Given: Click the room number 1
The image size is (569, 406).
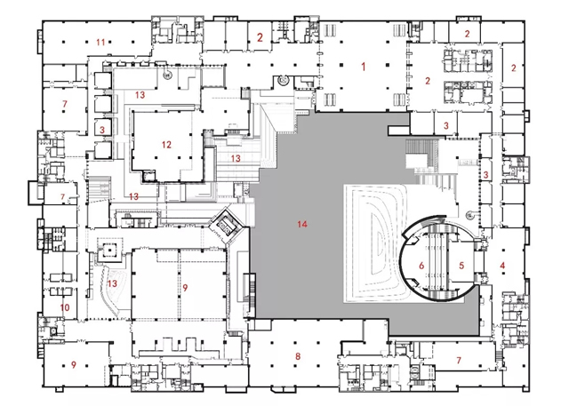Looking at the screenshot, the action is point(364,67).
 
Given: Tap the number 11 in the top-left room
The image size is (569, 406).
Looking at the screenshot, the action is point(100,43).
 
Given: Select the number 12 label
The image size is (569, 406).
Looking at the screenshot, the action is point(166,145).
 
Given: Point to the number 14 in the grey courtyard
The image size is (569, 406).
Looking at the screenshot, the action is point(302,224).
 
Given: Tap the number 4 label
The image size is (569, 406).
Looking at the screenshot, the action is point(502,266).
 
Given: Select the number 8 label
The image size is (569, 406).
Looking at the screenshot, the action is point(298,356).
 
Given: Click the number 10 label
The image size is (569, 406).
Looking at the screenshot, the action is point(65,307).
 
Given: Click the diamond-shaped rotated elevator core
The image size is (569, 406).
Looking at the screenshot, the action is point(227,225).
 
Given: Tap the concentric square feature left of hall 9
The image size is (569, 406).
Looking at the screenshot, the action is point(108,250).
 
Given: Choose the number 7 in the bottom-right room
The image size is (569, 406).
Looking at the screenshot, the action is point(459,360).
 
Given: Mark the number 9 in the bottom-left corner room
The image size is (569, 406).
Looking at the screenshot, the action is point(74,364).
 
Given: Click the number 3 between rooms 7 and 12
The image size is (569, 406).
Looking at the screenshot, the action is point(102,130).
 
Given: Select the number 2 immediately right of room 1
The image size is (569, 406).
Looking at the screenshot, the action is point(428,81).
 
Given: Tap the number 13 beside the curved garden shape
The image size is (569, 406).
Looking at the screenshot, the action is point(113,283).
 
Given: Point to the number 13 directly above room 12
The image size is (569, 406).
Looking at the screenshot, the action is point(140,95).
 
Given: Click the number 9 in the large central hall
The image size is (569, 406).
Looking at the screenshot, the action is point(186,288).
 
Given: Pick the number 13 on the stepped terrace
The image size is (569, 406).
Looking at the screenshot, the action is point(236,158).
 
